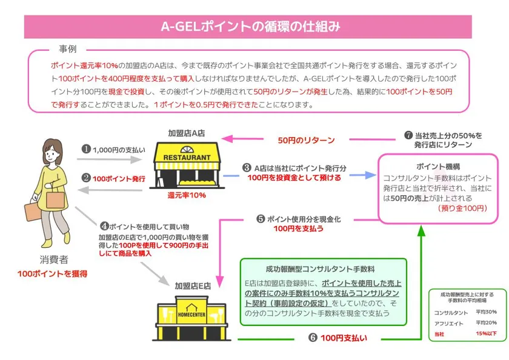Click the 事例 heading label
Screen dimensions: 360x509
tap(67, 48)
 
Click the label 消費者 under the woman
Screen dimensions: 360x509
tap(54, 259)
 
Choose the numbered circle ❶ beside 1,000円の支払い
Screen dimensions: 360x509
tap(86, 149)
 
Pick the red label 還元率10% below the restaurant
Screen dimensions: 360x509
tap(187, 195)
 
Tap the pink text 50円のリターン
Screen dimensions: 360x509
tap(306, 141)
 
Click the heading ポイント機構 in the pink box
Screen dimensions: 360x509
tap(437, 167)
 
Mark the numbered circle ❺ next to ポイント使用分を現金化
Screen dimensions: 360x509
tap(261, 218)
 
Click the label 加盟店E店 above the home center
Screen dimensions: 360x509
tap(193, 285)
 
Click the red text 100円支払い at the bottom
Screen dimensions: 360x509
tap(344, 338)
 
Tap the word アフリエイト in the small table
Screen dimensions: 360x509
tap(448, 323)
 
